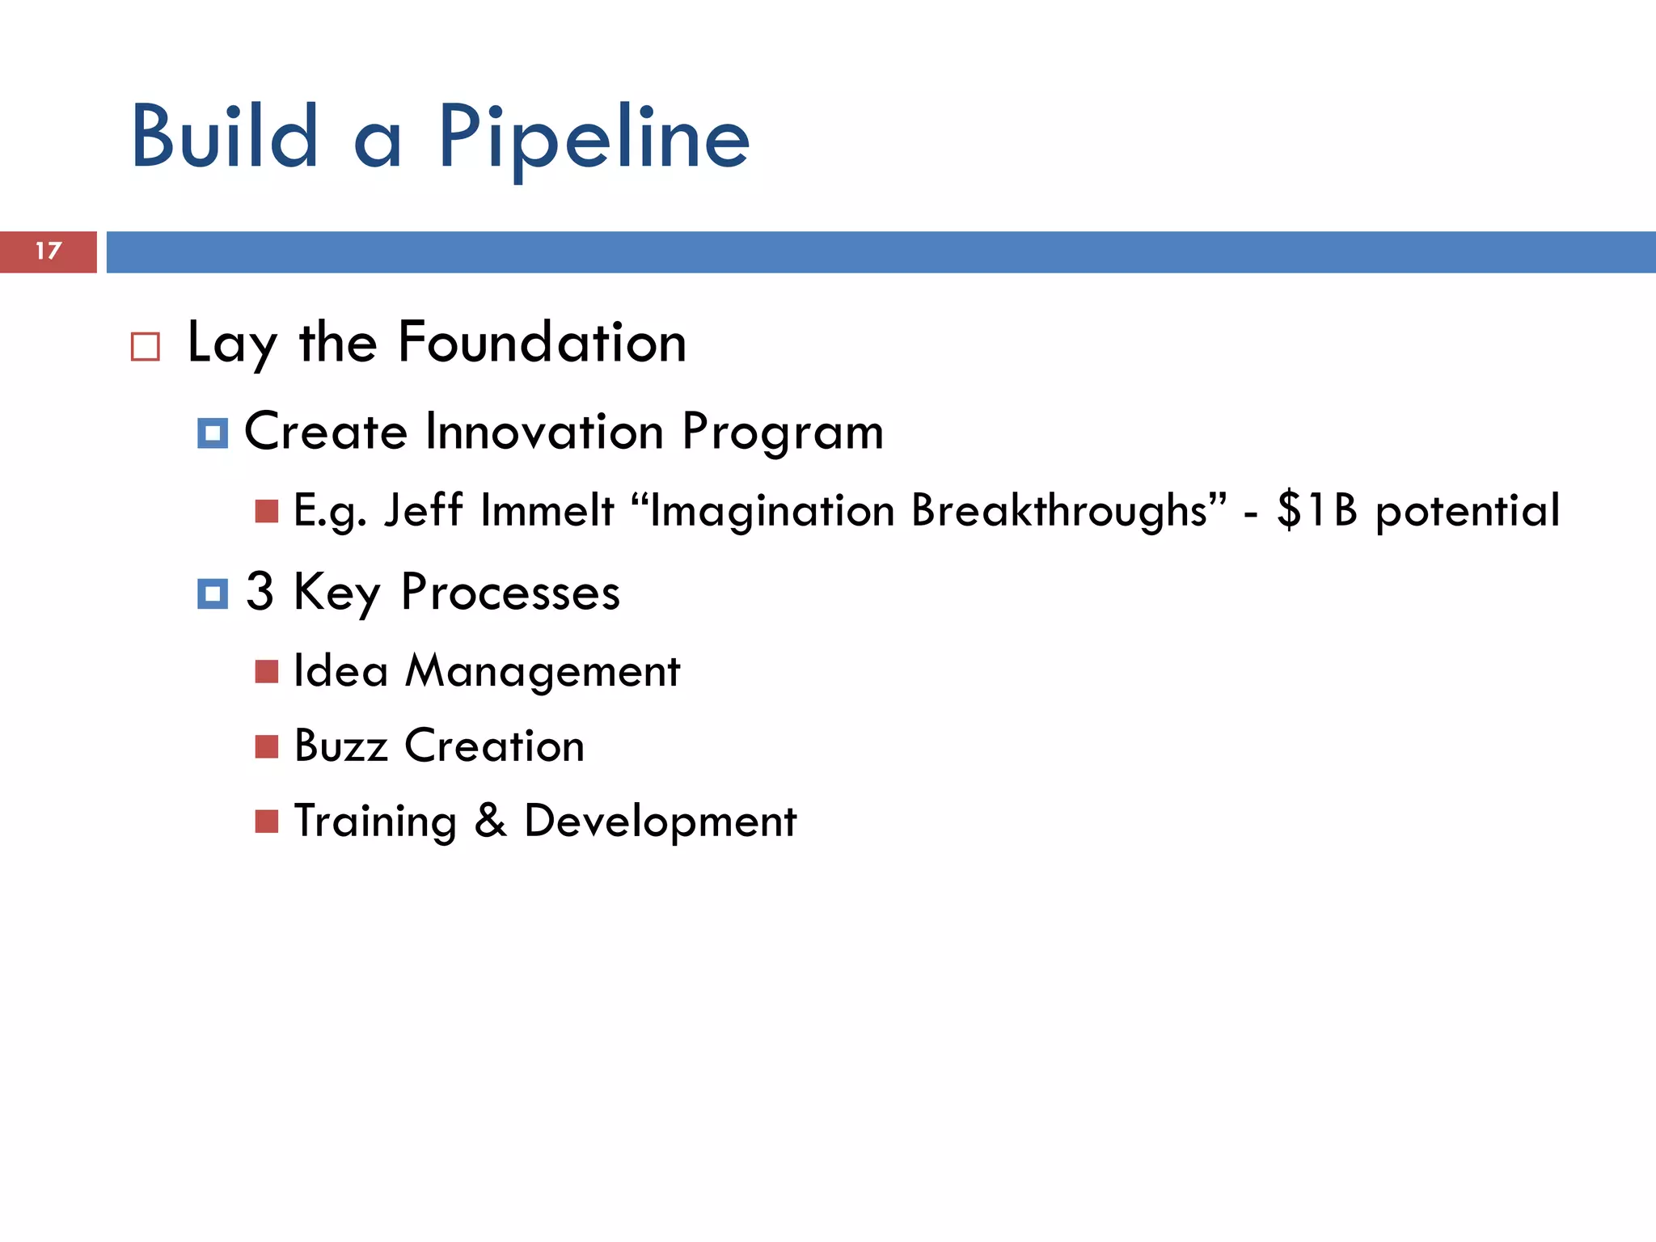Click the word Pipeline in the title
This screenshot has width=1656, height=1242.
point(594,139)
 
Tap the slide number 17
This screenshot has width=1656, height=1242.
point(49,251)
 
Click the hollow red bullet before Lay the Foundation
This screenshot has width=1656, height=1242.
point(146,347)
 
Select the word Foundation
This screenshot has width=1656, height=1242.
point(542,343)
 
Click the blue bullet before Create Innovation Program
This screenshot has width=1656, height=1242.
point(213,433)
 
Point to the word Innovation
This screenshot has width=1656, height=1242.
point(544,432)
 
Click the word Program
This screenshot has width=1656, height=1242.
point(782,433)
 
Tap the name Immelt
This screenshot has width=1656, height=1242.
point(547,511)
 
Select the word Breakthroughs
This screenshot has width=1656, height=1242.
point(1059,511)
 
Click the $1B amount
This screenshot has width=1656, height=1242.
point(1316,511)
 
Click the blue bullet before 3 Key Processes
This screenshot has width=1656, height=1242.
point(213,594)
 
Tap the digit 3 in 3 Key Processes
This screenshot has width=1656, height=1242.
point(260,591)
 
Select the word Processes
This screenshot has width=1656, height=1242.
point(510,593)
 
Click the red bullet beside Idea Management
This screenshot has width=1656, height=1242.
point(267,671)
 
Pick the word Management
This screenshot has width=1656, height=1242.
point(543,672)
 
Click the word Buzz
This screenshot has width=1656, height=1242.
point(340,746)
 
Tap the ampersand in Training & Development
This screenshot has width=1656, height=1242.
point(490,821)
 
